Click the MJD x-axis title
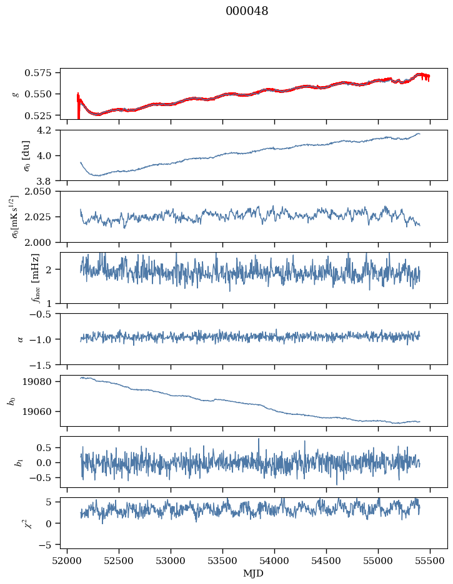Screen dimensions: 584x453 [253, 573]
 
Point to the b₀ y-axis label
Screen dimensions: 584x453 [11, 401]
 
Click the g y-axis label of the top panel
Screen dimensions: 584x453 [15, 94]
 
